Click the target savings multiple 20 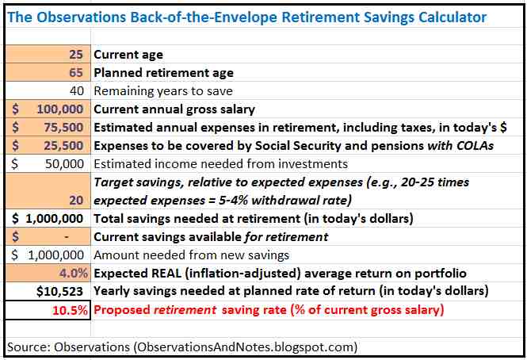78,200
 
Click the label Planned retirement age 164,73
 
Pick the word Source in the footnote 26,347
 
